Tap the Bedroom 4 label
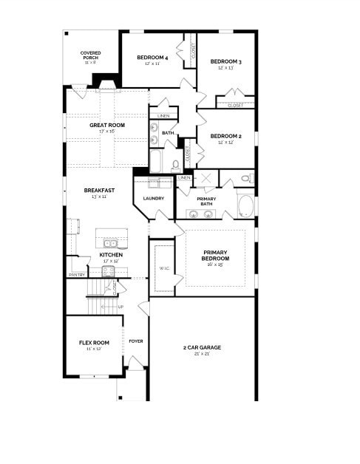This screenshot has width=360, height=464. [153, 58]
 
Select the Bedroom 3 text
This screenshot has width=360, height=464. [225, 61]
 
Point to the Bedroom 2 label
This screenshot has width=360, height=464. [225, 136]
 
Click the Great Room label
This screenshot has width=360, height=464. [107, 126]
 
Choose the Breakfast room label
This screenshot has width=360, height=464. [99, 191]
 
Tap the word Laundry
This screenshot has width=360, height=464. [154, 198]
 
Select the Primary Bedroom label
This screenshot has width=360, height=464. [215, 256]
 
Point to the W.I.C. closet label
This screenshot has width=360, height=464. [163, 269]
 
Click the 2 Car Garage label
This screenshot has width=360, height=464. [202, 347]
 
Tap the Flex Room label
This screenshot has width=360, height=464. [94, 343]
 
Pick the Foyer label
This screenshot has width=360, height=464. [136, 341]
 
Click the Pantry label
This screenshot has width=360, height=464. [77, 275]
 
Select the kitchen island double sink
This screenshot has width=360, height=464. [110, 242]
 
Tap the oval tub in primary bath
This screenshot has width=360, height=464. [245, 205]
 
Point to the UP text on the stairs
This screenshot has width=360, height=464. [120, 307]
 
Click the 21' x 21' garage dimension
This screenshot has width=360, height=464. [202, 354]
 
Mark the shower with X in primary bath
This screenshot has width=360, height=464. [206, 178]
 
